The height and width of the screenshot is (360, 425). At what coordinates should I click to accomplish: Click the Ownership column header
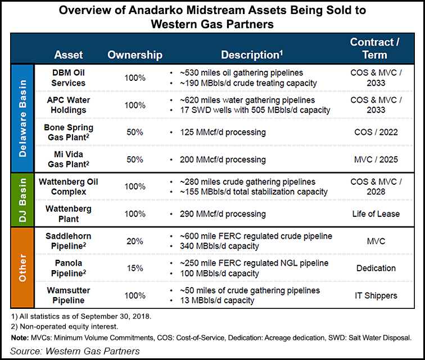click(135, 55)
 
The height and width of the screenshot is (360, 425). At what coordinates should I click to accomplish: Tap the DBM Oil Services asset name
click(68, 78)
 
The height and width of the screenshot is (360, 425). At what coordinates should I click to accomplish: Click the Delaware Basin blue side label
click(22, 118)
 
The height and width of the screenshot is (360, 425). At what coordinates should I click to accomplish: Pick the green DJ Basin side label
click(22, 199)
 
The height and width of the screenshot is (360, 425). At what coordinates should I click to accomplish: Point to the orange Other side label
click(22, 267)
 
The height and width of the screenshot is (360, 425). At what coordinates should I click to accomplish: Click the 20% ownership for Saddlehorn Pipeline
click(134, 241)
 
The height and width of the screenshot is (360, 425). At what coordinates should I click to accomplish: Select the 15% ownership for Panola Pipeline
click(134, 268)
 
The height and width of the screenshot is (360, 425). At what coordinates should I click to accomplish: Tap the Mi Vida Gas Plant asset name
click(68, 160)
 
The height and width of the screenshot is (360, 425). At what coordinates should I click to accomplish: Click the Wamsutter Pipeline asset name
click(68, 295)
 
